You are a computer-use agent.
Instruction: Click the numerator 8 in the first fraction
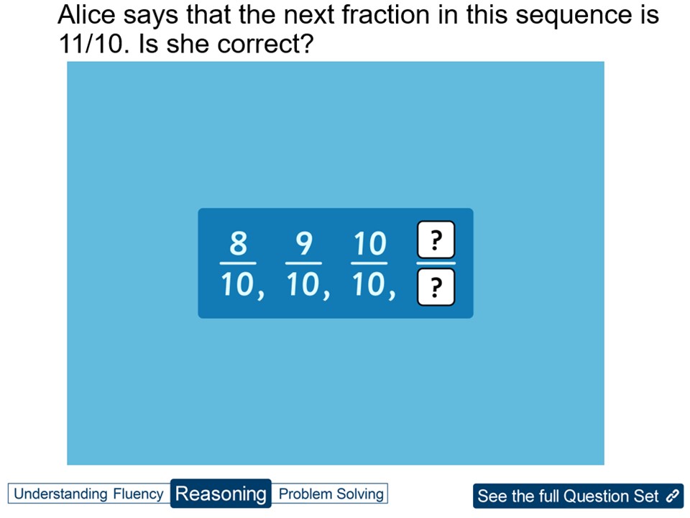click(x=238, y=245)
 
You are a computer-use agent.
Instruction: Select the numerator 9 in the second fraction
click(x=304, y=245)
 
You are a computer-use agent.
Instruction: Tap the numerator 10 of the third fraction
click(x=369, y=245)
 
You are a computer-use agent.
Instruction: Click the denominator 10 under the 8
click(x=238, y=286)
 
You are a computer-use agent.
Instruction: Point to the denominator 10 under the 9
click(x=304, y=286)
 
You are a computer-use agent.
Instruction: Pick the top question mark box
click(x=436, y=240)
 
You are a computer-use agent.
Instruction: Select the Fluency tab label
click(x=138, y=494)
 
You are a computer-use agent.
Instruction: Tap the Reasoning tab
click(x=221, y=494)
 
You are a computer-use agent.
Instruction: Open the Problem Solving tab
click(x=331, y=494)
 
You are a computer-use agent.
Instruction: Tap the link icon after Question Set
click(x=673, y=496)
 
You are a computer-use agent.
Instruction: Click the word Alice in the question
click(x=86, y=15)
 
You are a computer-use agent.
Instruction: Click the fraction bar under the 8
click(x=238, y=263)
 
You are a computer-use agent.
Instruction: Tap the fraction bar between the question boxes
click(x=436, y=263)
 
